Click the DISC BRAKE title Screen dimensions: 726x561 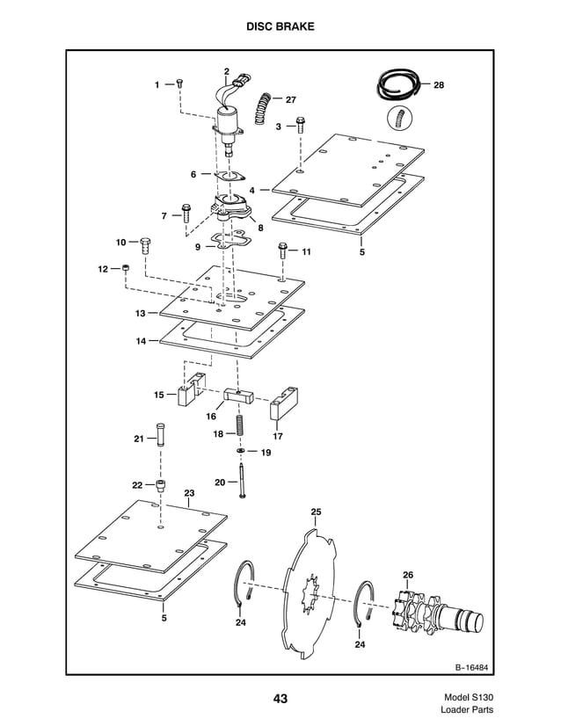pyautogui.click(x=280, y=27)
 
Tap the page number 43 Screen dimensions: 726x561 pyautogui.click(x=280, y=699)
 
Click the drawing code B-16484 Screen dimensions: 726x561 pyautogui.click(x=472, y=666)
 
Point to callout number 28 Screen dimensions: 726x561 pyautogui.click(x=438, y=85)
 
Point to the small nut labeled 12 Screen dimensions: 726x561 pyautogui.click(x=126, y=268)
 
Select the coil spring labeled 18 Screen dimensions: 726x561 pyautogui.click(x=237, y=426)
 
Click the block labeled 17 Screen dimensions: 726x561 pyautogui.click(x=282, y=403)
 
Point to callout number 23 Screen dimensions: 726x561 pyautogui.click(x=188, y=494)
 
